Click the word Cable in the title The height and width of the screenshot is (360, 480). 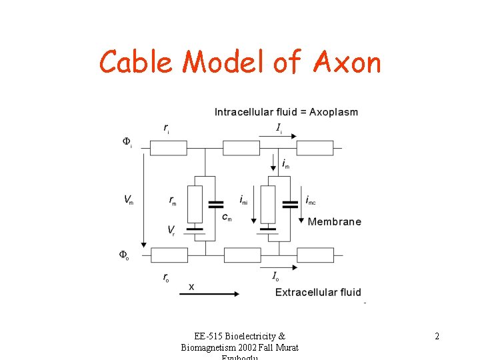tap(137, 63)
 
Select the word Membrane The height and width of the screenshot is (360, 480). tap(335, 221)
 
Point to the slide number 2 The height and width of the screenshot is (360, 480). tap(437, 336)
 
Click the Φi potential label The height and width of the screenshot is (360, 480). tap(127, 141)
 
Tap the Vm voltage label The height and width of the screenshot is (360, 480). tap(128, 199)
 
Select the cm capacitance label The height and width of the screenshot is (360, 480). tap(227, 217)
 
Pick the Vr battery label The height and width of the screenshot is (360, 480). tap(173, 230)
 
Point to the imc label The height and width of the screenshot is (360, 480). tap(310, 199)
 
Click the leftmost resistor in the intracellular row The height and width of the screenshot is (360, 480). tap(169, 148)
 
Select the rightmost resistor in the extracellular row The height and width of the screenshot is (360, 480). tap(315, 255)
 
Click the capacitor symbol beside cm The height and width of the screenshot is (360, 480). tap(216, 203)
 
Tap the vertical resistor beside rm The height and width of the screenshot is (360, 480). tap(195, 204)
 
